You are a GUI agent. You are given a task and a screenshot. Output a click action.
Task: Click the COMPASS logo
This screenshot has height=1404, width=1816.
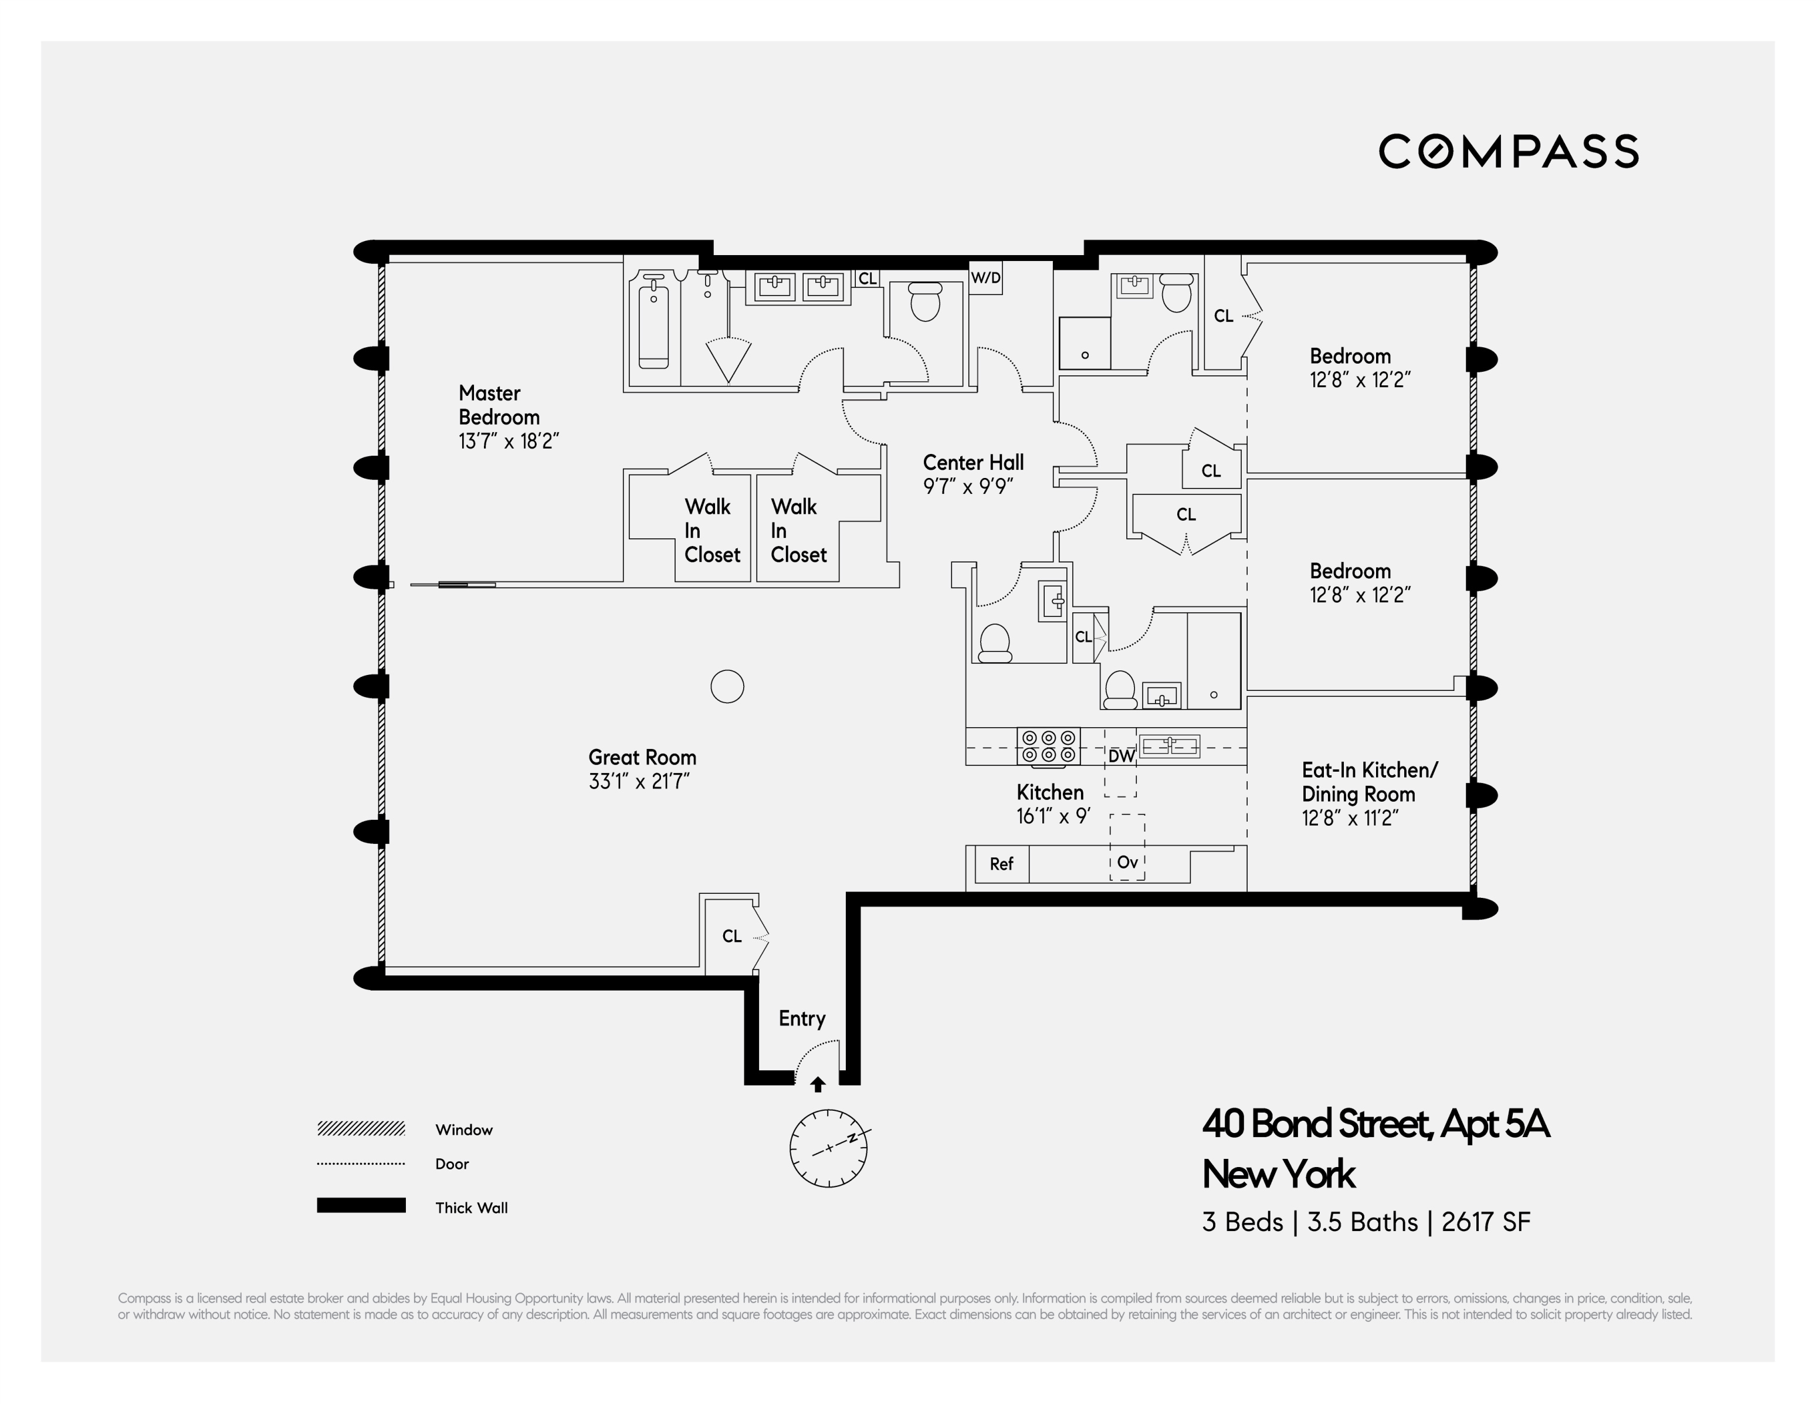(x=1507, y=151)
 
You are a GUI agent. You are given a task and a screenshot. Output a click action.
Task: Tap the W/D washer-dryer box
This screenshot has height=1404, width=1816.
(x=986, y=277)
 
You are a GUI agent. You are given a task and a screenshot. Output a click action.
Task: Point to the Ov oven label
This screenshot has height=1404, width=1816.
(x=1127, y=862)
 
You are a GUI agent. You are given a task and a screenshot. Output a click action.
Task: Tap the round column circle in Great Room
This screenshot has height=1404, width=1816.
(x=727, y=687)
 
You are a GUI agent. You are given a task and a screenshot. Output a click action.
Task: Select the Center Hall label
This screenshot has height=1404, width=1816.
(x=973, y=462)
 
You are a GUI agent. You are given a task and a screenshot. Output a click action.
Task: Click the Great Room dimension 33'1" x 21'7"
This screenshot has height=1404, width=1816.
(x=639, y=781)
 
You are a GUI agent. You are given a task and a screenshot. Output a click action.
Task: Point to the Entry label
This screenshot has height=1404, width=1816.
(x=802, y=1018)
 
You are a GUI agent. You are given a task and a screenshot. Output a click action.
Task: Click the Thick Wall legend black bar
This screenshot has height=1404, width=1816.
(x=361, y=1205)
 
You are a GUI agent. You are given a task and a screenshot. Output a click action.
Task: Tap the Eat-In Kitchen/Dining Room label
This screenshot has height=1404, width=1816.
(x=1368, y=781)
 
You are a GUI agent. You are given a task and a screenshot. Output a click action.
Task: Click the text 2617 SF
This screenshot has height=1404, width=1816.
(x=1486, y=1222)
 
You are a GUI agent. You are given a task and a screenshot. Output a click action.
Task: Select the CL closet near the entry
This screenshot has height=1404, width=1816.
(x=731, y=936)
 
